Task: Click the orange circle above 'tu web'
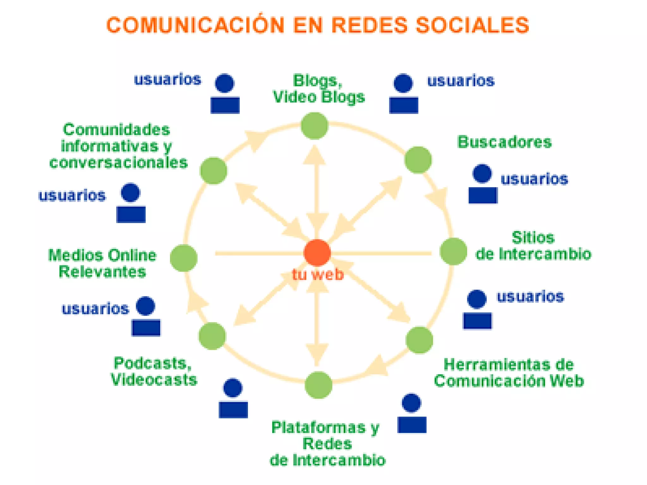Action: coord(317,253)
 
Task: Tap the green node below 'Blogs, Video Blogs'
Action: coord(314,126)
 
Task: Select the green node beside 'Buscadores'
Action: coord(418,160)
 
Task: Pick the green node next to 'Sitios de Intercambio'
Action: coord(453,251)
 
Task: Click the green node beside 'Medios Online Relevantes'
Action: coord(184,258)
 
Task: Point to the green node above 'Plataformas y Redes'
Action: coord(318,385)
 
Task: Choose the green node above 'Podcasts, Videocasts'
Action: coord(212,336)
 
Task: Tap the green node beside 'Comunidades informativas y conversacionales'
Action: coord(214,171)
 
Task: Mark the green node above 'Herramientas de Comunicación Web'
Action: coord(419,340)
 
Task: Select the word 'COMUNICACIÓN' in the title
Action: coord(195,25)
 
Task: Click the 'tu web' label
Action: coord(317,274)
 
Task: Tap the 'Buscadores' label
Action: coord(504,142)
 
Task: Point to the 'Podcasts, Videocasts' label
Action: coord(154,371)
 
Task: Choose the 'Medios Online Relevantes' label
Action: coord(102,263)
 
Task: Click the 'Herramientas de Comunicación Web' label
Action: coord(509,373)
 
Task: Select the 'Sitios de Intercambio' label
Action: coord(533,246)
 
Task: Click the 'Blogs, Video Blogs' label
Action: coord(318,89)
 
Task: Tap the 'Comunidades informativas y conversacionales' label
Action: coord(118,146)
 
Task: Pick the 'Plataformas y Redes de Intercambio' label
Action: coord(327,444)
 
